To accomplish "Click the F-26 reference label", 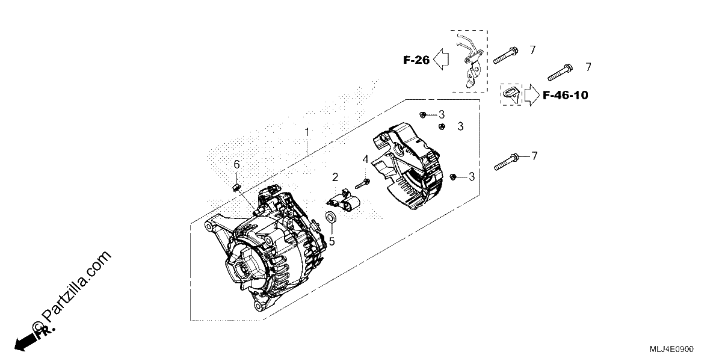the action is pos(416,60).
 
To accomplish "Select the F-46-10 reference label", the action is pos(566,95).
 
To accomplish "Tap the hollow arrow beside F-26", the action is pos(441,60).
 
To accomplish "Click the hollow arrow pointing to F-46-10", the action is pos(532,95).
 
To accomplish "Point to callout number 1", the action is pos(307,132).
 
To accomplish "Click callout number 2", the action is pos(335,177).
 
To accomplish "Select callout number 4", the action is pos(365,159).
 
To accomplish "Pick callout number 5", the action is pos(332,241).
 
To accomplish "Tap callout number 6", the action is pos(236,165).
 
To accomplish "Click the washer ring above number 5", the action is pos(331,218).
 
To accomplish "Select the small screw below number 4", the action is pos(362,184).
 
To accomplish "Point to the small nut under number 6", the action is pos(236,187).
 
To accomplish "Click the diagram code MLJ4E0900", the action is pos(671,349).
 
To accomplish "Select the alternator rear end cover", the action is pos(408,166).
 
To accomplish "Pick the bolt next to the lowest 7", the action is pos(507,162).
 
